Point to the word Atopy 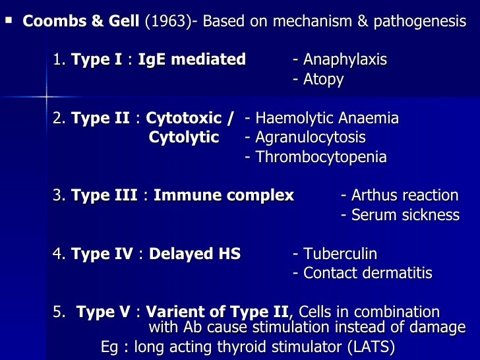pos(323,80)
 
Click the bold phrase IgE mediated pos(192,60)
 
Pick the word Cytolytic pos(184,138)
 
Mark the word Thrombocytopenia pos(321,158)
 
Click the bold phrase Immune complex pos(224,196)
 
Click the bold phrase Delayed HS pos(195,254)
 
